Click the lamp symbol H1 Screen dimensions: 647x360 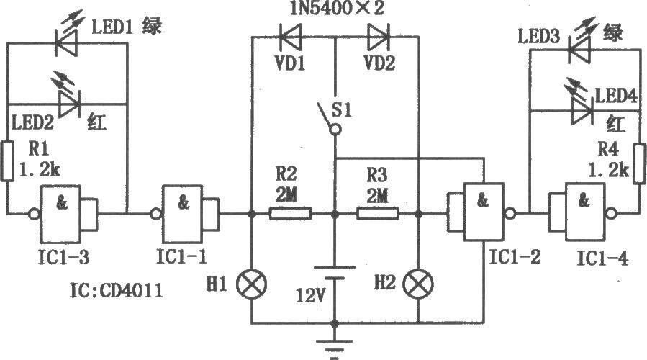point(252,284)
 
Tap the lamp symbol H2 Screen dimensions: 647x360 point(418,284)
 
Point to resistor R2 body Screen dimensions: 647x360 point(291,214)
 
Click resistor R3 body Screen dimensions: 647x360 point(378,214)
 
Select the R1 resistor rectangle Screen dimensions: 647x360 point(7,161)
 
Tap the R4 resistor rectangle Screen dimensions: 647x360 point(640,163)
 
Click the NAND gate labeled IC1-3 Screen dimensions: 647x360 point(64,214)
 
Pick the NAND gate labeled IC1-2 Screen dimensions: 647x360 point(481,212)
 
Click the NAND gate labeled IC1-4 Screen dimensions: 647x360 point(583,212)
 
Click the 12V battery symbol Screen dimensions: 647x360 point(335,274)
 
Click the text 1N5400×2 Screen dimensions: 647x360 point(336,8)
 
